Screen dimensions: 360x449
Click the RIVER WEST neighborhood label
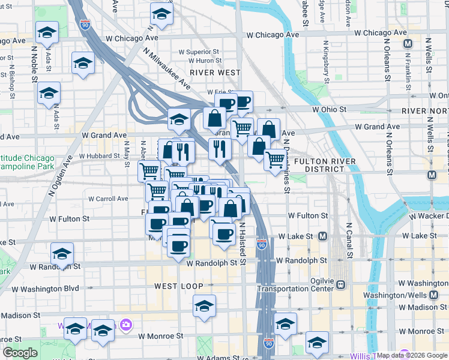tap(215, 72)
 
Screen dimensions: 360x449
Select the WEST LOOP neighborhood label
tap(178, 286)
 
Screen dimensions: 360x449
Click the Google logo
tap(20, 353)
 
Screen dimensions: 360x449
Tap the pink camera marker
tap(125, 325)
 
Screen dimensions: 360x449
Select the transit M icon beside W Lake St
tap(322, 236)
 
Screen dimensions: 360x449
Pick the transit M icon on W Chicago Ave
tap(408, 43)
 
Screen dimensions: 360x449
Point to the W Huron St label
tap(200, 61)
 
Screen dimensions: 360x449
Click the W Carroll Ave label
tap(108, 199)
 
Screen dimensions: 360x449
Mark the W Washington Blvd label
tap(46, 289)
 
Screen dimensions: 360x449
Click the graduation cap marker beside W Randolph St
tap(62, 253)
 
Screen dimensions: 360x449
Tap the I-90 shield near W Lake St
tap(261, 244)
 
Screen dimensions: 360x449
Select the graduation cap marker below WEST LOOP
tap(205, 305)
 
